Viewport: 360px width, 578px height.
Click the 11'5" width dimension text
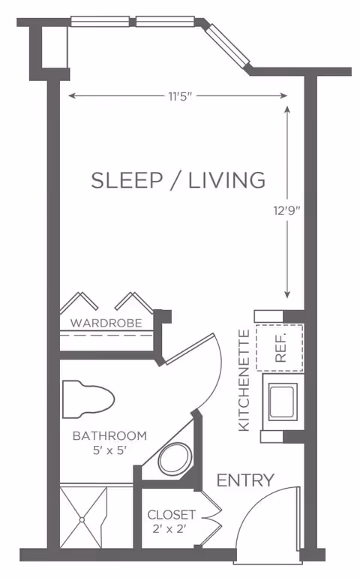(178, 95)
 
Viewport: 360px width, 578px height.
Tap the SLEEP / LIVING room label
(178, 180)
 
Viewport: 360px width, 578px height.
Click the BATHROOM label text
(109, 435)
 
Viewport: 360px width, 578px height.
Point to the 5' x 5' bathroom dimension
(109, 450)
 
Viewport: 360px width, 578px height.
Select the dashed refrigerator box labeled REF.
(280, 348)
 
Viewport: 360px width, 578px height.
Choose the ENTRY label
(245, 480)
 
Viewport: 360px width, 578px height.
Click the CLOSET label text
(171, 516)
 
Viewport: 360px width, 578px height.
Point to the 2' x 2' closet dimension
(171, 530)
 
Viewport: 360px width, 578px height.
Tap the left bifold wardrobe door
(79, 302)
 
